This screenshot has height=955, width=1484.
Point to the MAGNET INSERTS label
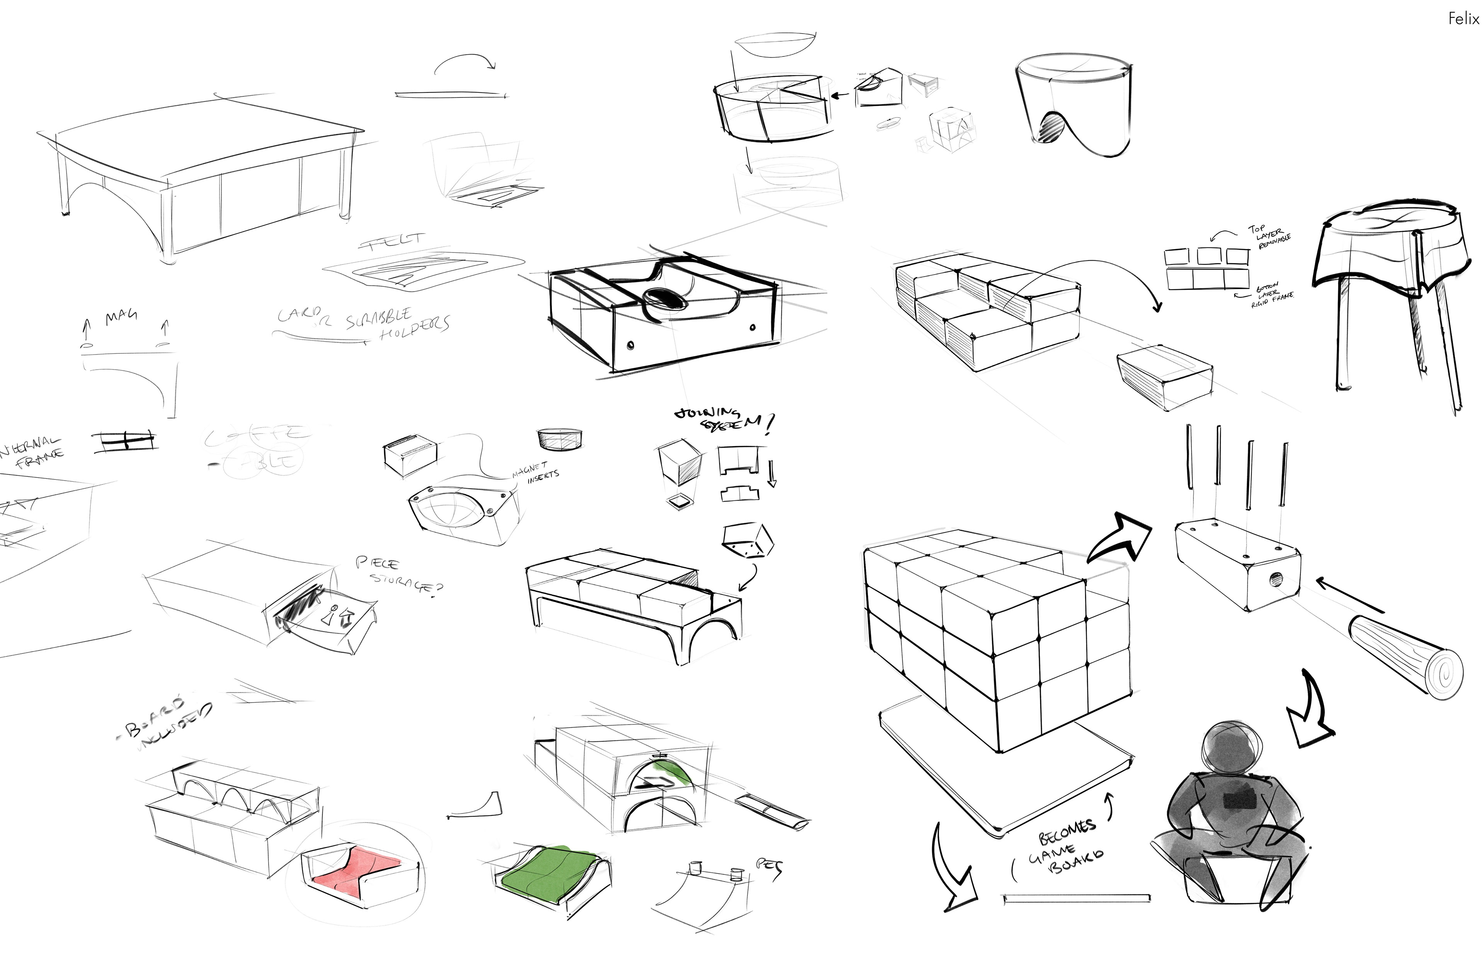[x=536, y=472]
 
